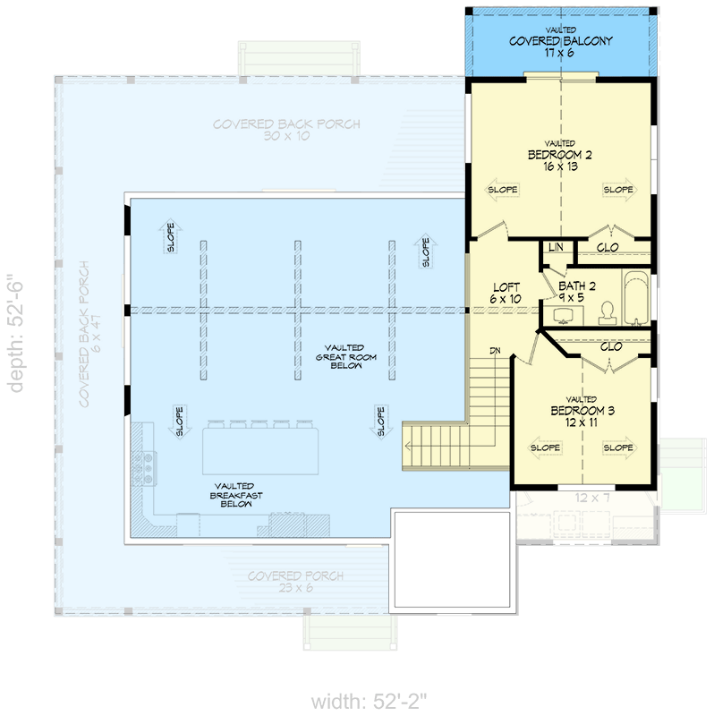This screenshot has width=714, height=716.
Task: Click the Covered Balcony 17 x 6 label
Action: point(561,47)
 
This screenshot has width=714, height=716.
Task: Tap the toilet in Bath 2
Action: point(607,311)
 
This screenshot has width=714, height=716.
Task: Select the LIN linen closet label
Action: point(555,246)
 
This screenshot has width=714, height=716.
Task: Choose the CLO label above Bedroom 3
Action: point(611,346)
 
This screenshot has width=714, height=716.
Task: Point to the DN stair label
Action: point(495,350)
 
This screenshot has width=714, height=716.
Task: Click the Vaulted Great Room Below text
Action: point(344,356)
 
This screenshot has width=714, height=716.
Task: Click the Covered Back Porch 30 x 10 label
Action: point(286,131)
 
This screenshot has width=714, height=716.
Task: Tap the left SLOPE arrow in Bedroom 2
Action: point(503,190)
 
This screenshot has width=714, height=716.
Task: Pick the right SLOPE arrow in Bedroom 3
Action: point(617,447)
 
